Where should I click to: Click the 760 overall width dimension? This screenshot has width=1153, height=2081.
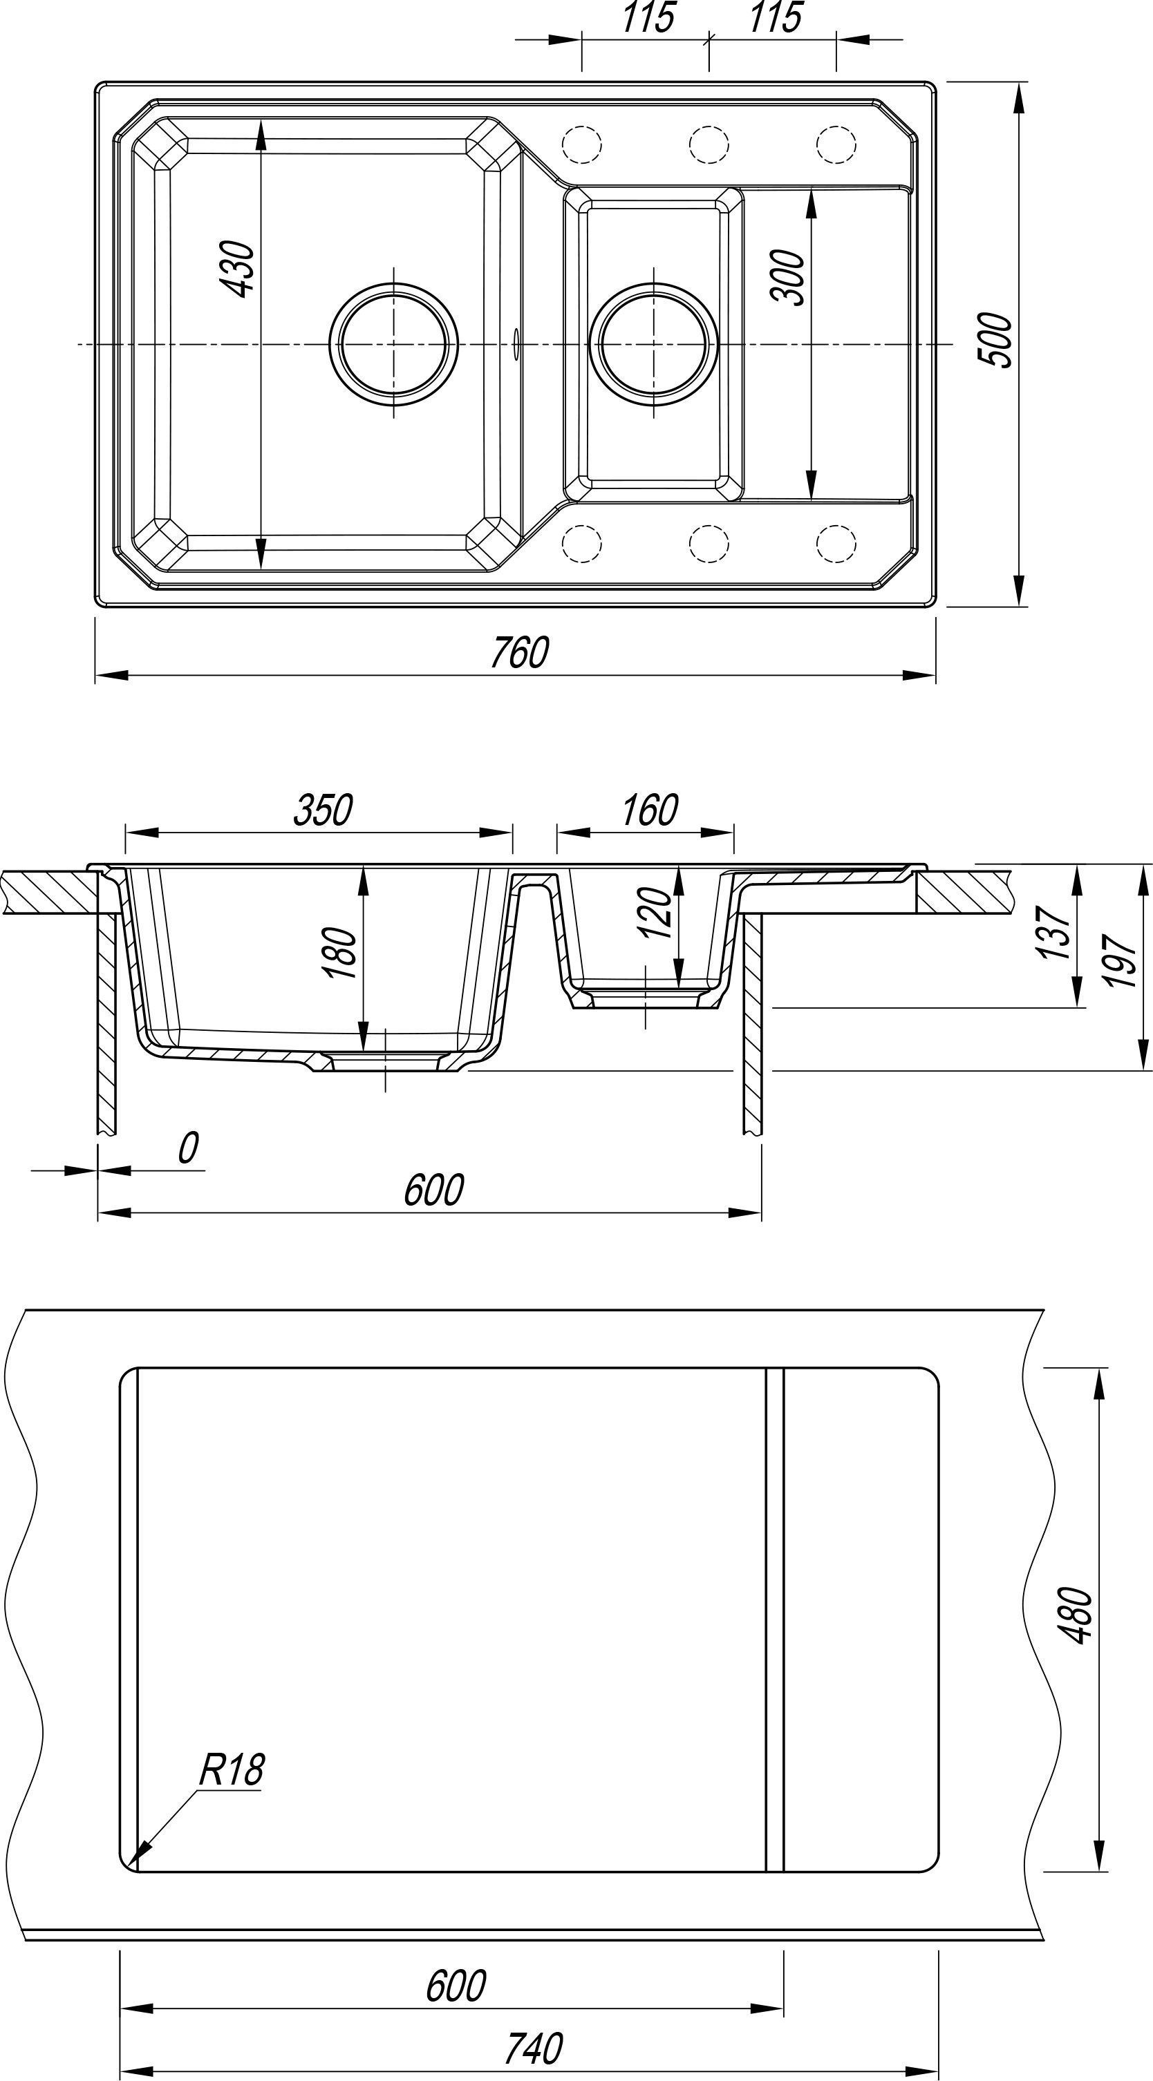(520, 653)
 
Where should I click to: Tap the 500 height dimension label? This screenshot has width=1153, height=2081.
(996, 340)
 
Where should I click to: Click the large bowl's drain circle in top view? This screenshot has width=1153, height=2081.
(393, 344)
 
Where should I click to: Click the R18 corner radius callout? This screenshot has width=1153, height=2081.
(231, 1769)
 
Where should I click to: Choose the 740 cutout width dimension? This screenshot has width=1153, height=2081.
(533, 2048)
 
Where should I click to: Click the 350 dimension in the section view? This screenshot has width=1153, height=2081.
(322, 810)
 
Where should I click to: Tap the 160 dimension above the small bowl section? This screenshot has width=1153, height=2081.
(649, 810)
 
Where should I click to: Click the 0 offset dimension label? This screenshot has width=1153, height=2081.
(187, 1148)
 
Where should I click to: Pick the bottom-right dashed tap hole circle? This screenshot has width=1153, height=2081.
(836, 543)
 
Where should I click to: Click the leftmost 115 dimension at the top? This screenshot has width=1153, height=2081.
(647, 18)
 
